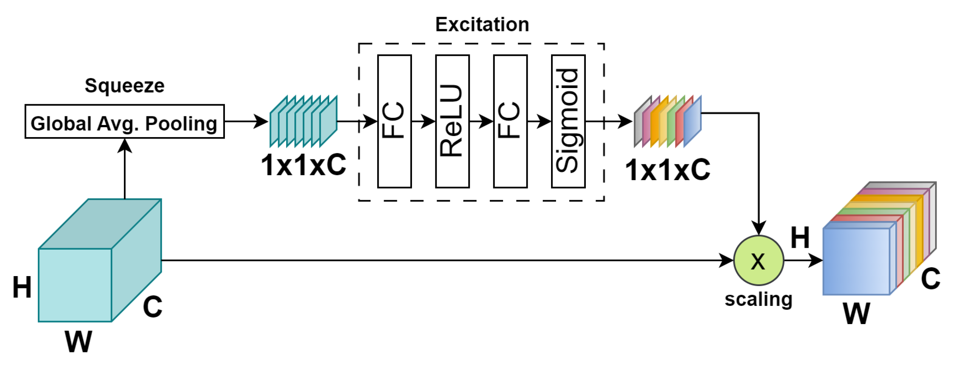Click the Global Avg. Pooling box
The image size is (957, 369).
(x=124, y=122)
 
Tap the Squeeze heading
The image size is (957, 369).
(x=124, y=86)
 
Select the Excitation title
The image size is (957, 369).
(x=482, y=25)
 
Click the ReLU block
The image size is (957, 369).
(x=452, y=122)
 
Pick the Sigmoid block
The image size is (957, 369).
(x=568, y=122)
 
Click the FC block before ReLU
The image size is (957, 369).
(x=394, y=122)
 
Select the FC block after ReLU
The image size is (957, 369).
(x=510, y=122)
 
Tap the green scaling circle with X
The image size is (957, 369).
(x=758, y=261)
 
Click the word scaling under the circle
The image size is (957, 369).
(x=758, y=300)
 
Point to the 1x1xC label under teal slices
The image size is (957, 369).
(x=304, y=165)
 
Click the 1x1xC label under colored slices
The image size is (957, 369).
(x=667, y=170)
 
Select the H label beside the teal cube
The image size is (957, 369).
(x=22, y=287)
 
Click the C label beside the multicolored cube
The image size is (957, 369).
(x=930, y=279)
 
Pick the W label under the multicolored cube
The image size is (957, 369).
(x=856, y=313)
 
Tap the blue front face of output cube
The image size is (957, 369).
(x=856, y=261)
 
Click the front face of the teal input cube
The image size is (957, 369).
(x=75, y=285)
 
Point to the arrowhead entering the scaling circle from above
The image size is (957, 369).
(x=758, y=228)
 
